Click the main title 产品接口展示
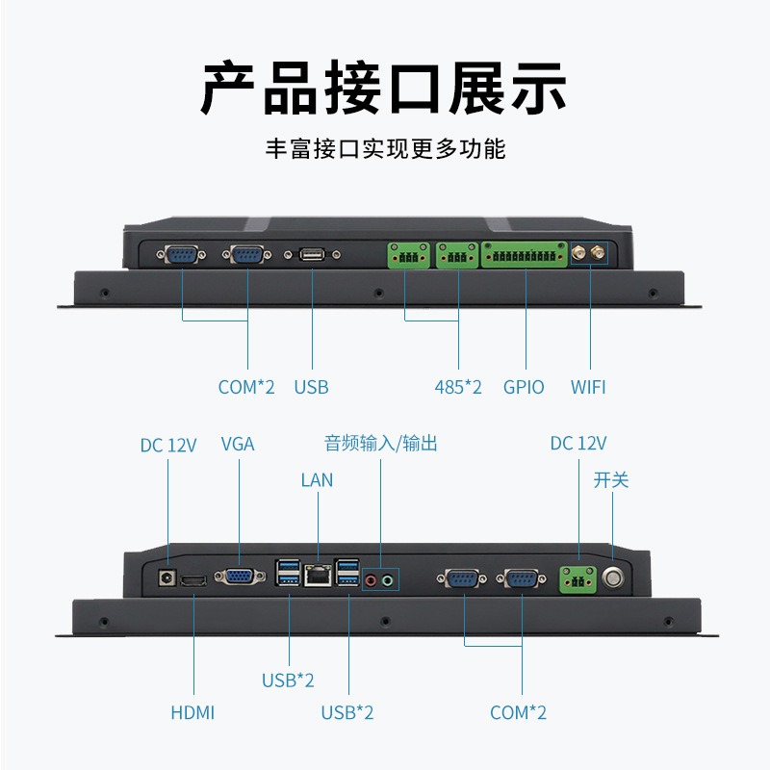(384, 90)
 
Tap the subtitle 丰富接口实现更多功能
(384, 149)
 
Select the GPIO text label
(524, 387)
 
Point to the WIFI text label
(588, 387)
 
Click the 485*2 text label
(458, 387)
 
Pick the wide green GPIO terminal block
(525, 255)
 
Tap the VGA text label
(238, 444)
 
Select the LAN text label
(317, 479)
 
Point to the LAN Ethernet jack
(317, 576)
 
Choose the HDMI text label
(192, 713)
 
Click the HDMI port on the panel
(193, 580)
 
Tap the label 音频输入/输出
(381, 444)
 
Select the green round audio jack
(389, 580)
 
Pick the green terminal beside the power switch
(577, 578)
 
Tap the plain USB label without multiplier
(311, 387)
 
